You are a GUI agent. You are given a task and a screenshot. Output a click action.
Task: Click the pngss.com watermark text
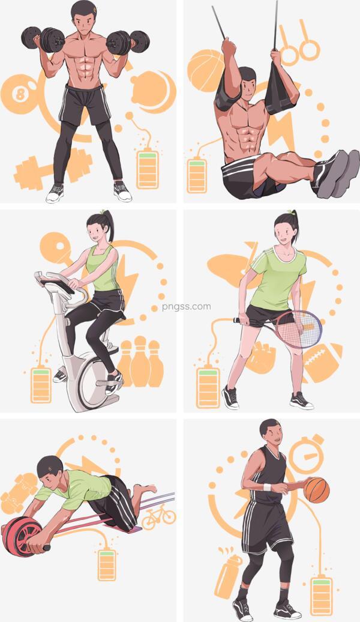click(187, 307)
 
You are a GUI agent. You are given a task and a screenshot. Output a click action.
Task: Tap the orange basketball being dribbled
click(316, 490)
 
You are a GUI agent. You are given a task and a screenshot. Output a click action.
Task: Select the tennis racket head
click(299, 329)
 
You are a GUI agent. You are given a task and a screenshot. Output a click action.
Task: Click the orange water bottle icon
click(229, 573)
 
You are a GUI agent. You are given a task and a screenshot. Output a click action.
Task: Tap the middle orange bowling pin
click(140, 361)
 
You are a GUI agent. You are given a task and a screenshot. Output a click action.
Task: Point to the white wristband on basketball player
click(268, 487)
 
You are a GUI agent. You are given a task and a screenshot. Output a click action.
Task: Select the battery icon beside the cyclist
click(41, 385)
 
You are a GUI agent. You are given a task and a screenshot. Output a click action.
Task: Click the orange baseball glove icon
click(260, 357)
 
